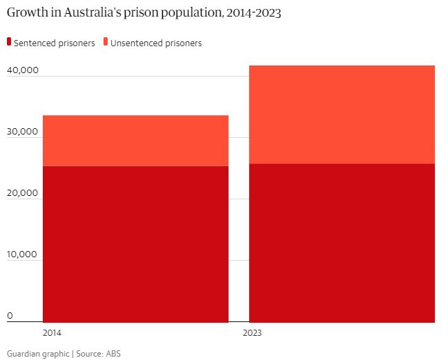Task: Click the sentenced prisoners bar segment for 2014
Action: [135, 243]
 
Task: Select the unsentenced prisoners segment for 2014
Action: [135, 141]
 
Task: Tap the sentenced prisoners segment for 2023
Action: [342, 242]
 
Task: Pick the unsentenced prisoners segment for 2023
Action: [342, 114]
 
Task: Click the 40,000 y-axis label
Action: [23, 70]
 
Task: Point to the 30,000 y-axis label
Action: [23, 132]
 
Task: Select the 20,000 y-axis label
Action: [23, 193]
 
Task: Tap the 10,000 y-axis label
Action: [23, 254]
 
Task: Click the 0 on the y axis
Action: [10, 316]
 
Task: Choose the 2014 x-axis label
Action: [52, 332]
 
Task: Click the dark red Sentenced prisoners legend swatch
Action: [9, 43]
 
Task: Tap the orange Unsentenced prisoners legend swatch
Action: [106, 43]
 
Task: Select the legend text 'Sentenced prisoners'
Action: [55, 43]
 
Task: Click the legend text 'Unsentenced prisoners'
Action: [156, 43]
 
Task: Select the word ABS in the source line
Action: [113, 353]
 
